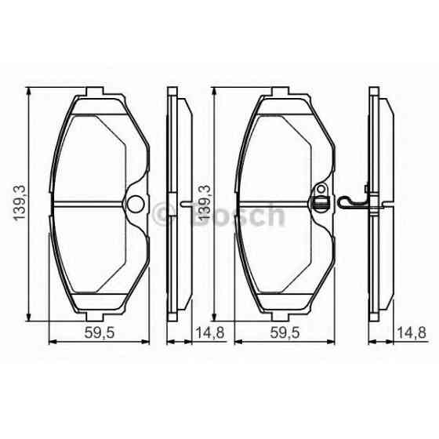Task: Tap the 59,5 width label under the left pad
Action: pos(100,333)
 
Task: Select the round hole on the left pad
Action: pos(136,205)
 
